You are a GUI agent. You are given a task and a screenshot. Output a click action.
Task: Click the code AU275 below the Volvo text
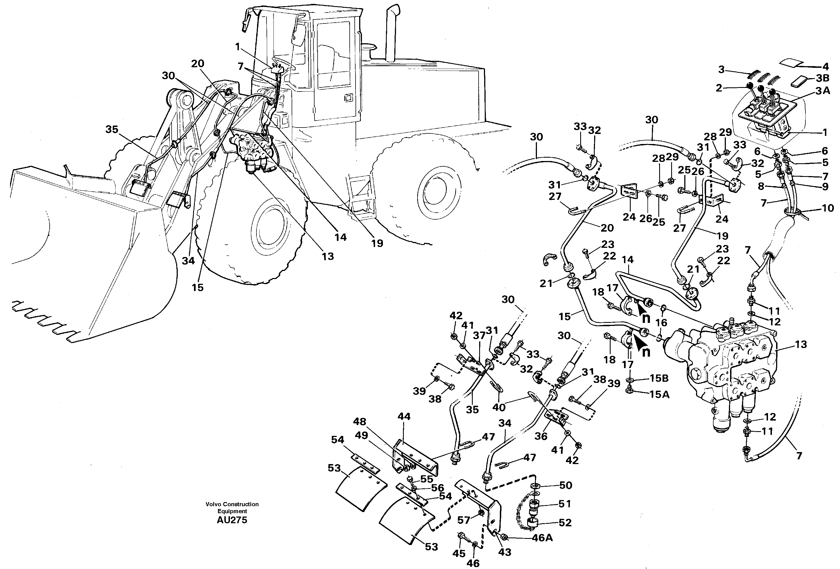click(232, 520)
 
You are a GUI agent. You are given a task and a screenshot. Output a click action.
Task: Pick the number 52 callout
click(565, 523)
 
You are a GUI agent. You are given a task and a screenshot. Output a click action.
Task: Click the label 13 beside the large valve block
click(801, 345)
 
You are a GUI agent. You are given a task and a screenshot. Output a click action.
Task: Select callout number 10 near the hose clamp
click(828, 208)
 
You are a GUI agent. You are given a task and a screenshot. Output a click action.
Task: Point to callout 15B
click(659, 378)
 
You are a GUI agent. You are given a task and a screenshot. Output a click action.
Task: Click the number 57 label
click(464, 520)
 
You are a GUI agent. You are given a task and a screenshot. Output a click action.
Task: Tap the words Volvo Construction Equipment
click(232, 508)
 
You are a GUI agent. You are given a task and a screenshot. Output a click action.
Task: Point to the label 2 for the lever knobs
click(719, 88)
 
